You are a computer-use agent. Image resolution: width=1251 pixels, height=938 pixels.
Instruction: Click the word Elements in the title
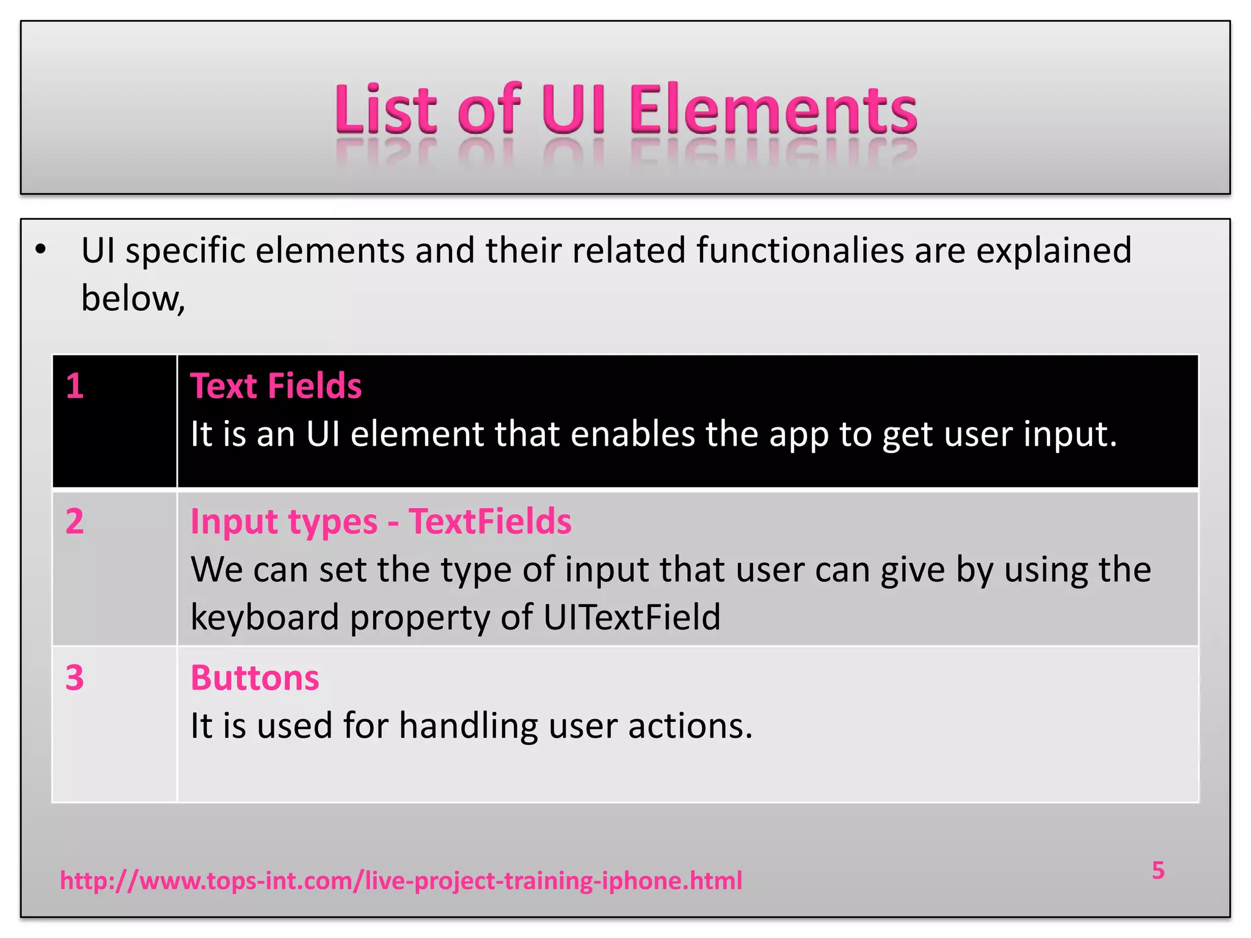pos(773,110)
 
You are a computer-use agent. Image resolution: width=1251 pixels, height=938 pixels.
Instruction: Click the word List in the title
pos(385,110)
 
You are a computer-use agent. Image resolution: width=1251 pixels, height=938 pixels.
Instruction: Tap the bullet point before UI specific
pos(40,249)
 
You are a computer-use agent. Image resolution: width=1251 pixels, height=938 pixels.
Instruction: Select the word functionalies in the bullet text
pos(800,250)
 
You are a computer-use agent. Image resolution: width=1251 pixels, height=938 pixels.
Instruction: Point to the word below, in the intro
pos(133,299)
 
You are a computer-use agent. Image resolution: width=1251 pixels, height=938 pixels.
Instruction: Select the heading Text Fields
pos(276,386)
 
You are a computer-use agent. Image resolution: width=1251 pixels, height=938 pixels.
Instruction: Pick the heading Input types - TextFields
pos(381,522)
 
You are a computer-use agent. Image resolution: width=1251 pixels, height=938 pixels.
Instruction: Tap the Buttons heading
pos(255,678)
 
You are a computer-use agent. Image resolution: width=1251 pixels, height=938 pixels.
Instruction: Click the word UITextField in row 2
pos(632,617)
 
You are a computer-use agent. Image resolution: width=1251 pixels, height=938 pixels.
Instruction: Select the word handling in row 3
pos(469,727)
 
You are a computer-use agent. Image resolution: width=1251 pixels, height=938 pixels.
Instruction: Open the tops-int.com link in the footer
pos(401,881)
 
